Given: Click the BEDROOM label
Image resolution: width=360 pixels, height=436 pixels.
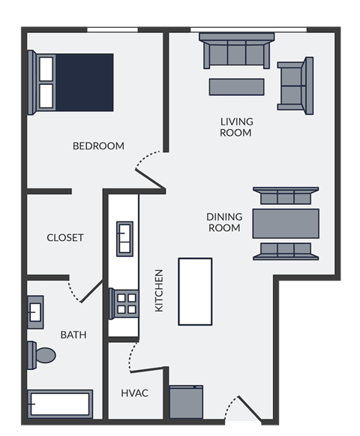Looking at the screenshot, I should click(98, 146).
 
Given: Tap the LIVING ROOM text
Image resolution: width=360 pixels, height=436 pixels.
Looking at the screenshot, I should click(236, 127).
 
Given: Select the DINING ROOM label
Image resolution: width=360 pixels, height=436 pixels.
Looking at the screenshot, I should click(223, 222).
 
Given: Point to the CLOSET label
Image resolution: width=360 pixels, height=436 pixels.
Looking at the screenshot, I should click(65, 237).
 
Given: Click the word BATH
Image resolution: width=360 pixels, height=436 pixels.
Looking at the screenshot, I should click(73, 334).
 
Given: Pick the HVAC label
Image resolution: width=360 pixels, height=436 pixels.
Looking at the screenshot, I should click(134, 392).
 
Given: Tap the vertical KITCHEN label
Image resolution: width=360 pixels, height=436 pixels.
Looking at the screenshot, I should click(159, 291).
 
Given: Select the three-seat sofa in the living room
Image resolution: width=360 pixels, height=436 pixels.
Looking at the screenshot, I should click(235, 53).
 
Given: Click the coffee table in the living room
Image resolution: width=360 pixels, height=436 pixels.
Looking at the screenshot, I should click(236, 86).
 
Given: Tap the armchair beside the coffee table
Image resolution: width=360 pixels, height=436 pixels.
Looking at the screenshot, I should click(295, 85).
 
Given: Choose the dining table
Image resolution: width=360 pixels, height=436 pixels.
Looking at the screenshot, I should click(286, 223).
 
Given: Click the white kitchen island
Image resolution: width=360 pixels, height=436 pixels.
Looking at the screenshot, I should click(195, 291).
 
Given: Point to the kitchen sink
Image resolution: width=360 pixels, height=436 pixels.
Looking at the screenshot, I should click(124, 239).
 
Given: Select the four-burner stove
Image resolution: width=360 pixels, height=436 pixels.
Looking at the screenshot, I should click(124, 304).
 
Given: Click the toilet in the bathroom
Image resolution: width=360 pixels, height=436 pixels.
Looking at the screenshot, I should click(42, 354).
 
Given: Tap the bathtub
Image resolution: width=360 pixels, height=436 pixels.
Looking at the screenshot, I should click(60, 404).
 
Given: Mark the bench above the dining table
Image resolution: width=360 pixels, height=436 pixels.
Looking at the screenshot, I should click(286, 197).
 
